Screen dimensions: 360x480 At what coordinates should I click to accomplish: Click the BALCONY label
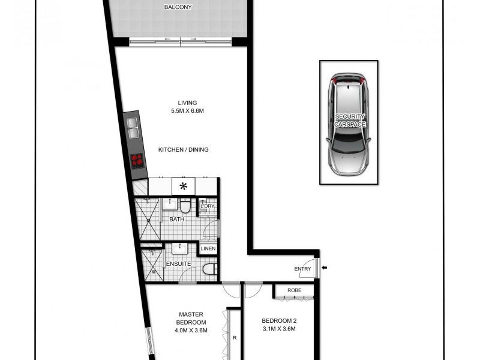[x=179, y=8]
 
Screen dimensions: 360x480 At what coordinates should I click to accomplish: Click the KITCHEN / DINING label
[x=183, y=149]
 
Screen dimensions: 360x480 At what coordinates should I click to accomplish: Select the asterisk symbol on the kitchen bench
[x=184, y=187]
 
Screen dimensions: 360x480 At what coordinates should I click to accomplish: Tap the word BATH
[x=176, y=220]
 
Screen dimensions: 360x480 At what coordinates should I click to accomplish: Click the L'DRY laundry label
[x=208, y=206]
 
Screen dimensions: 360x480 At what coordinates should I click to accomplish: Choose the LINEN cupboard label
[x=208, y=248]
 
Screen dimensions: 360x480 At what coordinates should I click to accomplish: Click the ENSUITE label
[x=179, y=263]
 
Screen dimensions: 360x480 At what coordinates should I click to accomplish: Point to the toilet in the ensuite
[x=209, y=270]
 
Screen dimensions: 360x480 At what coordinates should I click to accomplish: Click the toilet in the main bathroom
[x=186, y=207]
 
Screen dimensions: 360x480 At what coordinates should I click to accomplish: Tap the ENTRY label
[x=302, y=269]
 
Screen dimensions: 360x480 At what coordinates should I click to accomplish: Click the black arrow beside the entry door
[x=324, y=268]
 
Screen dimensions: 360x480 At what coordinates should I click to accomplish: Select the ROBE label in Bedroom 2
[x=294, y=290]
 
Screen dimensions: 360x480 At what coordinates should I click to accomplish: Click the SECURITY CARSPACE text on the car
[x=350, y=120]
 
